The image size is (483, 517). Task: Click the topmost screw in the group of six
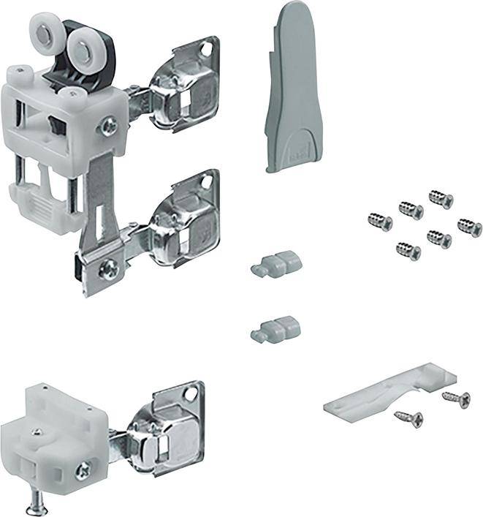(441, 198)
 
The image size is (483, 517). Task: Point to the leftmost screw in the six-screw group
(381, 220)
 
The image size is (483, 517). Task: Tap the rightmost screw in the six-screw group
(469, 227)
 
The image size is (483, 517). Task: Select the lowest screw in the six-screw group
(408, 251)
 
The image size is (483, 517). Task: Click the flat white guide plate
(387, 392)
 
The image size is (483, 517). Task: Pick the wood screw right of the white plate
(456, 399)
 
